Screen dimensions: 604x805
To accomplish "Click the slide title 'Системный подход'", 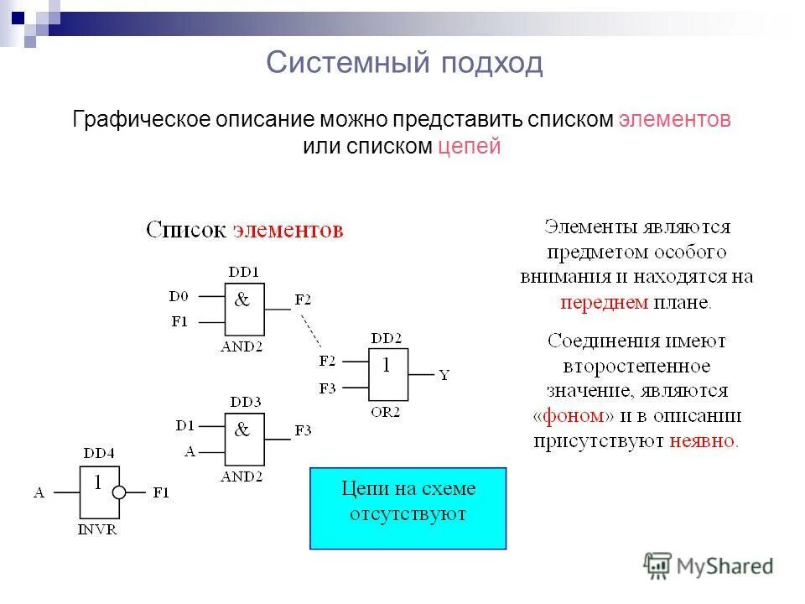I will click(404, 63).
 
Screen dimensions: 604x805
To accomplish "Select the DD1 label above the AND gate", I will click(244, 272).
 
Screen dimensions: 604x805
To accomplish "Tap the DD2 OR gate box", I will click(387, 375).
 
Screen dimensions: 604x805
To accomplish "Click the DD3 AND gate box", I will click(244, 440).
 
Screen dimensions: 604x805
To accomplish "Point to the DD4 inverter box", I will click(99, 492).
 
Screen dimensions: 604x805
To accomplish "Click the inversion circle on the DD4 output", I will click(119, 492).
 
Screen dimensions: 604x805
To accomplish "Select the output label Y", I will click(444, 376).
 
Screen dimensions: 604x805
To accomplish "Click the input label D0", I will click(179, 296).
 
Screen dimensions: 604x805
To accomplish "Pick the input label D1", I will click(185, 425).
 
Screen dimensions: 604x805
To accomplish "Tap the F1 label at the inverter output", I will click(160, 493).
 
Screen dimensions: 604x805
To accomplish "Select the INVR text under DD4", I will click(98, 531).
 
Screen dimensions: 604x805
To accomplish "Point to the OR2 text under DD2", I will click(386, 413).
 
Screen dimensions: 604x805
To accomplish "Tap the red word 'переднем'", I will click(604, 303).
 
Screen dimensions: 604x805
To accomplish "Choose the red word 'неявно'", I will click(703, 440).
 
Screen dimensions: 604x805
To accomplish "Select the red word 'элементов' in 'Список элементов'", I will click(288, 231).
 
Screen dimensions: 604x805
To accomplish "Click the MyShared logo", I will click(709, 565).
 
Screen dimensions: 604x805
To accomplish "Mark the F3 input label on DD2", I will click(327, 388).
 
